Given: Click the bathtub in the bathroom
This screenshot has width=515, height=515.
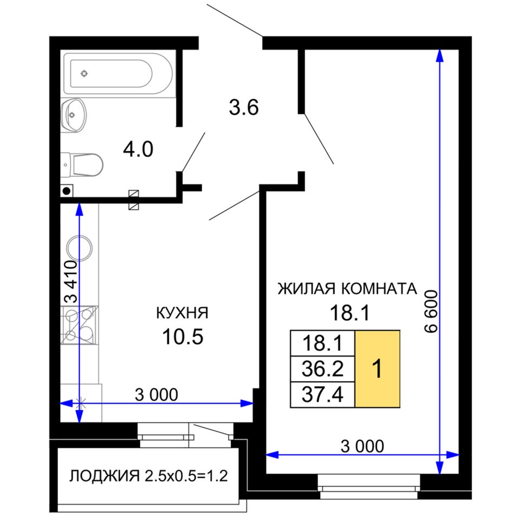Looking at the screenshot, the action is [x=118, y=74].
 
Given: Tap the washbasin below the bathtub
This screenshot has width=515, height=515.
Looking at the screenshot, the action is [x=73, y=115].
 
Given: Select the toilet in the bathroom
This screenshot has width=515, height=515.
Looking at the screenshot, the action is [x=82, y=165].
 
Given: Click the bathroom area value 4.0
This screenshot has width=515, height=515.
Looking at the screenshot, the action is [x=138, y=149].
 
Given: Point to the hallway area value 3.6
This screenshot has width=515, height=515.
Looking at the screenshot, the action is [x=244, y=107].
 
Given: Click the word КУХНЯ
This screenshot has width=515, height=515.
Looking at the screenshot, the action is [x=182, y=313].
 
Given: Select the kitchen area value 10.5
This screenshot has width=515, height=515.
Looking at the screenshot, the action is [x=183, y=337].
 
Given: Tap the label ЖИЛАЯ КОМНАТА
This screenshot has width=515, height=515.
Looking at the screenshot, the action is [x=347, y=289].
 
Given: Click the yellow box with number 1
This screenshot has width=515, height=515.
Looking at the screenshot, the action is [x=377, y=369].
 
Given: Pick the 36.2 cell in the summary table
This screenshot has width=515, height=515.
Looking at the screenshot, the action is [x=323, y=369].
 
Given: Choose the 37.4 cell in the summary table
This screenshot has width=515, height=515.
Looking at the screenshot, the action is [x=323, y=395].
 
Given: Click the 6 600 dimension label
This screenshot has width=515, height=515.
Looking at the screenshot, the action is [x=431, y=311].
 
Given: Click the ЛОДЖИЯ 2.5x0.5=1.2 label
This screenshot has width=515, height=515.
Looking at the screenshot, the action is [x=149, y=475].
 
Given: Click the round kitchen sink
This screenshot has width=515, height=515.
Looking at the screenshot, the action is [x=79, y=248].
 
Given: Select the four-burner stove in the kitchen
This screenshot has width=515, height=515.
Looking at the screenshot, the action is [x=79, y=325].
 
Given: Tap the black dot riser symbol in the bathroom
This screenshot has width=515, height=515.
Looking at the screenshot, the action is [x=67, y=191].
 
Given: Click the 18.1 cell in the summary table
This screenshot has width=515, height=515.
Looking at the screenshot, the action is [x=323, y=343].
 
